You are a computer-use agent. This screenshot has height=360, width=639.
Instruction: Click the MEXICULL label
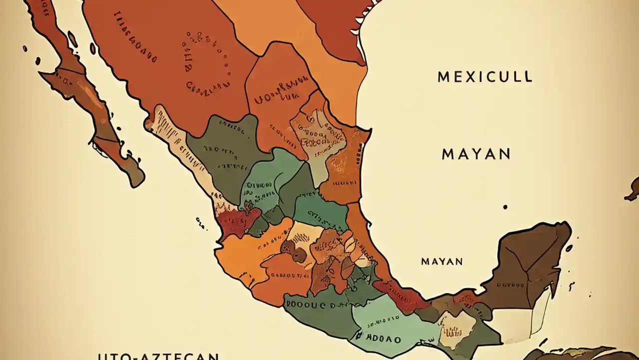485,77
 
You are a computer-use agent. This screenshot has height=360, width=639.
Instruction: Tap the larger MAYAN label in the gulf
476,154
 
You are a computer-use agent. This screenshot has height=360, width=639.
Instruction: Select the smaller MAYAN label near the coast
442,261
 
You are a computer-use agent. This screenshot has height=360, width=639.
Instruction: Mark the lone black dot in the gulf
505,206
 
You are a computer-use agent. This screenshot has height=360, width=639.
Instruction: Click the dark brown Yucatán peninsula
529,265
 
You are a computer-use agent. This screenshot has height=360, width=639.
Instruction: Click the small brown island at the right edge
633,190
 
